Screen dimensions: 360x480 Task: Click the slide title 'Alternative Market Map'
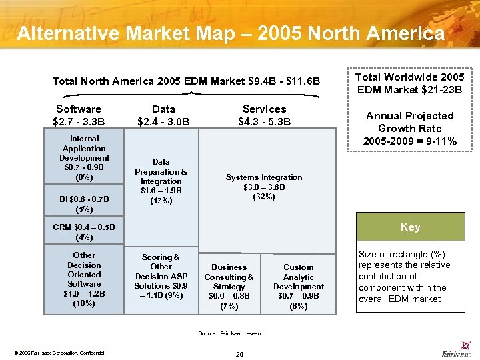[230, 33]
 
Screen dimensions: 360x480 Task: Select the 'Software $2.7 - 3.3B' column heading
[79, 115]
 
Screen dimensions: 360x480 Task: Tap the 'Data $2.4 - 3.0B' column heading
[163, 115]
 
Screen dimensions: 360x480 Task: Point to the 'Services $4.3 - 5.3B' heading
[264, 115]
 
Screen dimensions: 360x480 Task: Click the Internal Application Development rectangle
[84, 158]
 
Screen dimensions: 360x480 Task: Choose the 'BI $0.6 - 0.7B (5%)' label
[84, 203]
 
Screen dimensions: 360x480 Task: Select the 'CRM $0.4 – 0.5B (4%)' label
[84, 232]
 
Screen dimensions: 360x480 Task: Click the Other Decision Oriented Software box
[84, 279]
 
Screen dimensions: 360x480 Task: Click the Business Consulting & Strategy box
[229, 286]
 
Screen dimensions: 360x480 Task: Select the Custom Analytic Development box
[298, 286]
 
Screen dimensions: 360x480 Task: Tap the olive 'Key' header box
[410, 227]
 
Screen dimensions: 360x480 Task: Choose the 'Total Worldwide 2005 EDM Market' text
[410, 84]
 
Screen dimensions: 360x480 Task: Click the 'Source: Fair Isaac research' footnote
[231, 333]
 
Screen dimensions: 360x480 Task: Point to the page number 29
[239, 353]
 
